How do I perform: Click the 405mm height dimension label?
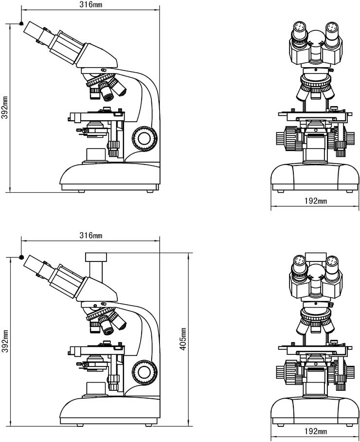(x=183, y=339)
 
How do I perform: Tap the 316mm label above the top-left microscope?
(x=91, y=4)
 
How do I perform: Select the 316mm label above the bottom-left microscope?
(x=90, y=236)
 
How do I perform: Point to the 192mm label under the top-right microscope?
(x=316, y=201)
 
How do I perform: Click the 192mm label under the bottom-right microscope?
(x=316, y=431)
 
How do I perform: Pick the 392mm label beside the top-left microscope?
(x=5, y=108)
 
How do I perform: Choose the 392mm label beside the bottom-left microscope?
(x=5, y=341)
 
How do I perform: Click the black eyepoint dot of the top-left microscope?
(x=21, y=24)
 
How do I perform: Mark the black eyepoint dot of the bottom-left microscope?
(x=21, y=257)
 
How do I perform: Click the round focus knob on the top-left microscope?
(x=145, y=139)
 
